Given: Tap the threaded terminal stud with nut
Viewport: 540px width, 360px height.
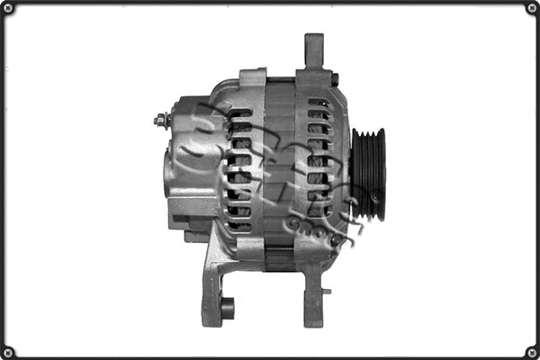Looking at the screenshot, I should pos(160,120).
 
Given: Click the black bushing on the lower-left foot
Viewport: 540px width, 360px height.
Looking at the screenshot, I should pos(227,307).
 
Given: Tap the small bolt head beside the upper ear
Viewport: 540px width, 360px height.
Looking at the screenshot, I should pos(335,80).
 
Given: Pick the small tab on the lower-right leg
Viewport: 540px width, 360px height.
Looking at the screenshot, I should pos(328,290).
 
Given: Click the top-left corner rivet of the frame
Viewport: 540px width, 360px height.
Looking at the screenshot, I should pos(8,8).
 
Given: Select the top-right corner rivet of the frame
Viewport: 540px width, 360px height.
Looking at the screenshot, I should pos(531,8).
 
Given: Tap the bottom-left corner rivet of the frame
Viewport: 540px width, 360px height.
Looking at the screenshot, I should pos(8,351).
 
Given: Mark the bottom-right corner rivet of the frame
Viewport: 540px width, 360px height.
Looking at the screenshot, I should pos(531,351).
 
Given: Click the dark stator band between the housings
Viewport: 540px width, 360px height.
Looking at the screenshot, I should pos(281,171).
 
